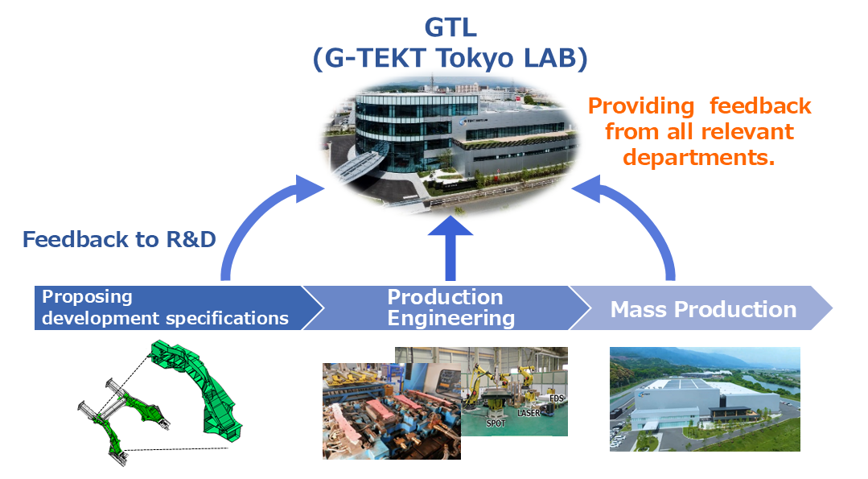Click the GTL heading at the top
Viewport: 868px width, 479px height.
[x=450, y=27]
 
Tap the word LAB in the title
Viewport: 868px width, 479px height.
[x=549, y=58]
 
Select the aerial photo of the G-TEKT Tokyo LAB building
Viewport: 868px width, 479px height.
[x=450, y=146]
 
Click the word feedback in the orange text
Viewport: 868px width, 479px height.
[x=760, y=105]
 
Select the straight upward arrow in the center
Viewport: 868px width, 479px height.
[x=450, y=248]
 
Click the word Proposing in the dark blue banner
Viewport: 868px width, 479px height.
[x=87, y=297]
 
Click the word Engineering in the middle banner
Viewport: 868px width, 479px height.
[x=450, y=319]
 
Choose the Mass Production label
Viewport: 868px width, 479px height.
[x=703, y=309]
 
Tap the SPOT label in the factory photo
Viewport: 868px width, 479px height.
[x=496, y=423]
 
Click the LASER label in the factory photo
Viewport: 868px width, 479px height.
[x=528, y=413]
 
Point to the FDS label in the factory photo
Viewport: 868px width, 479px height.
[x=556, y=398]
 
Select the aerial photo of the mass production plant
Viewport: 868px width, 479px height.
[x=705, y=399]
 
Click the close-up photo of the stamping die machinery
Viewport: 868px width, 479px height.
[x=392, y=411]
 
